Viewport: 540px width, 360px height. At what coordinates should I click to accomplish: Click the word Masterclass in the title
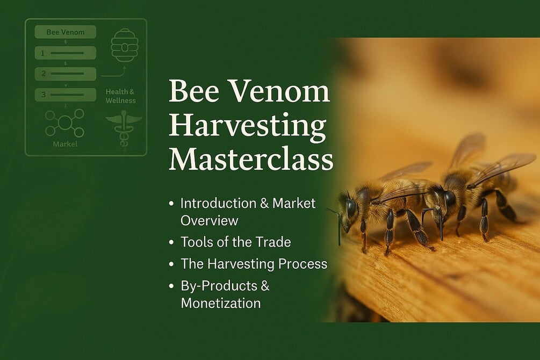click(x=251, y=160)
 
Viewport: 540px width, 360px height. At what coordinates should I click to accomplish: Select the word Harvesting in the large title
click(x=247, y=127)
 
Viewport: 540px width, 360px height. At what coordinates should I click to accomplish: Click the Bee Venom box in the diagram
click(x=66, y=32)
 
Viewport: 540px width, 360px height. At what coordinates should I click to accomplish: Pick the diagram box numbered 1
click(x=66, y=53)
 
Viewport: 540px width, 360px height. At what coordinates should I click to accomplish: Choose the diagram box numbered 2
click(x=66, y=74)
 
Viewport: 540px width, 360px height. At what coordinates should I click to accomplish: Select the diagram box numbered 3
click(x=66, y=95)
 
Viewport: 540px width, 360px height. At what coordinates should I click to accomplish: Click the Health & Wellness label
click(x=120, y=96)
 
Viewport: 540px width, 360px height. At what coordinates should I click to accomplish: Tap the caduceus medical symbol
click(x=124, y=127)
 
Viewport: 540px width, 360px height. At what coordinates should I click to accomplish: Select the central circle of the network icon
click(x=65, y=123)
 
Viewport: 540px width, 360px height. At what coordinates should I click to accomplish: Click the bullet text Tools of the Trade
click(x=235, y=242)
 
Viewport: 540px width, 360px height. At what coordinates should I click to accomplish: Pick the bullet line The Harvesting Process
click(x=254, y=264)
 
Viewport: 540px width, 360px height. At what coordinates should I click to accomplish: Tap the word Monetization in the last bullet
click(x=220, y=303)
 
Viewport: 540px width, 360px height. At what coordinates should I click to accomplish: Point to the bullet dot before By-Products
click(x=171, y=286)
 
